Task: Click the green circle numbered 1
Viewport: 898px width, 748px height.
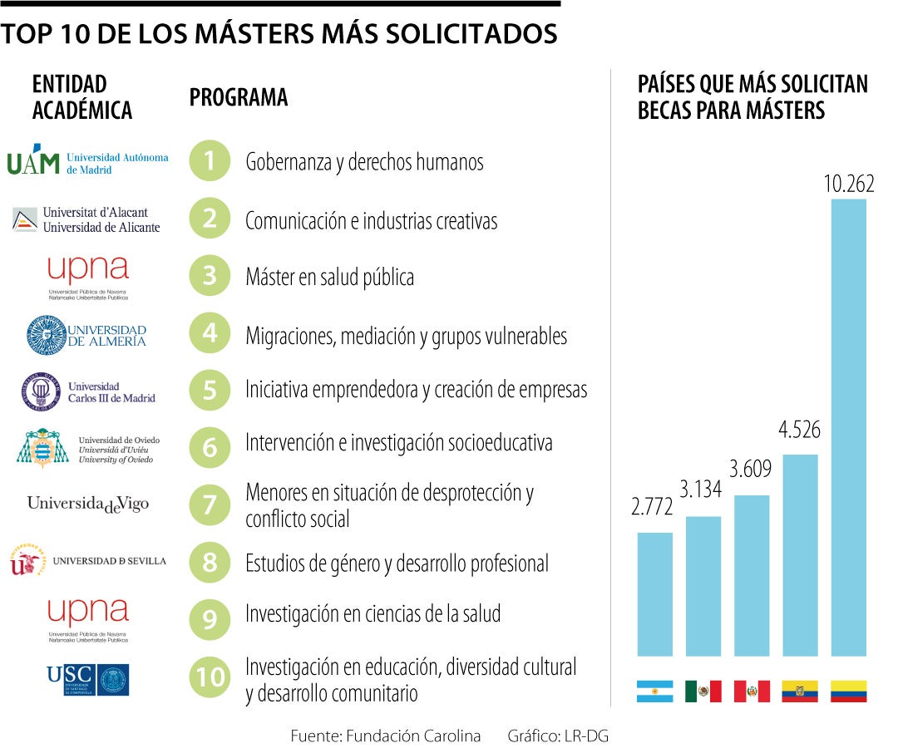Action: click(x=210, y=161)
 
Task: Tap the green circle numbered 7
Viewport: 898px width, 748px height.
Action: click(x=210, y=505)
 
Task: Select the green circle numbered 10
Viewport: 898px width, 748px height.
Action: click(x=210, y=677)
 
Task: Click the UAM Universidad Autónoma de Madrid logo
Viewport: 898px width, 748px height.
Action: click(x=87, y=160)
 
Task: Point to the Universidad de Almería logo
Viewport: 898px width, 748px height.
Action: click(x=86, y=335)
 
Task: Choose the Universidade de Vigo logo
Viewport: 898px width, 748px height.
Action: click(x=88, y=504)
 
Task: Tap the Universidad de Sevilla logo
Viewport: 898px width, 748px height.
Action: click(x=87, y=561)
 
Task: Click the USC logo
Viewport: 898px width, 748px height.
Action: click(x=87, y=679)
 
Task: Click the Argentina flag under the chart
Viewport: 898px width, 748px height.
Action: click(x=654, y=691)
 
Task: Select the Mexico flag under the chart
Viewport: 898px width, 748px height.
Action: click(x=703, y=691)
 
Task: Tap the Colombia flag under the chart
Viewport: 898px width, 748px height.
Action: click(x=848, y=691)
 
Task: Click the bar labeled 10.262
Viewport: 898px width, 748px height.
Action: click(x=848, y=427)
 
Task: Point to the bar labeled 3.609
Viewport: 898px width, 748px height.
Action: click(x=752, y=575)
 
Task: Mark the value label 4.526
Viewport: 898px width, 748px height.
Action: click(x=799, y=430)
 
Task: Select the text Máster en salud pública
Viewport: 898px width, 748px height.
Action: click(x=329, y=278)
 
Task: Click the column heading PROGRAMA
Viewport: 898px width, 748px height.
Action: click(x=239, y=98)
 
